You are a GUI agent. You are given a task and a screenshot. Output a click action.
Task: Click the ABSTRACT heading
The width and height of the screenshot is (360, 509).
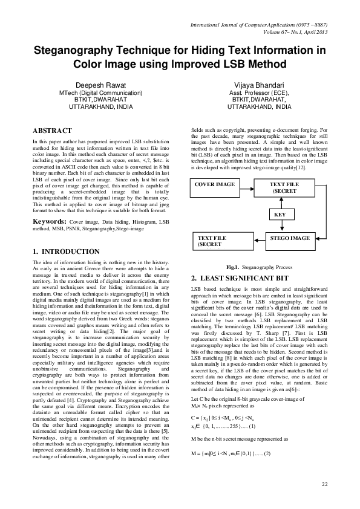click(x=52, y=131)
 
